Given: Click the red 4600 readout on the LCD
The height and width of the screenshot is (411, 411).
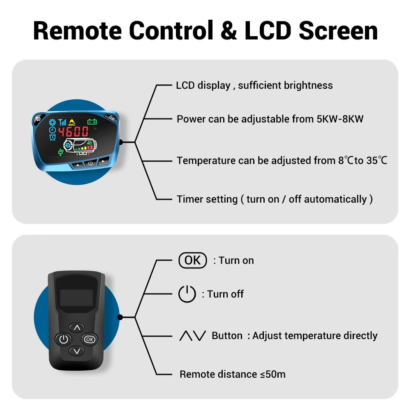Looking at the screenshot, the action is [x=74, y=132].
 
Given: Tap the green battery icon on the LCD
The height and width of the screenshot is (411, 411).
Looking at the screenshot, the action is [x=92, y=122].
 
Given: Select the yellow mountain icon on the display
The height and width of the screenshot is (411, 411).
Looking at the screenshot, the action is [x=72, y=122].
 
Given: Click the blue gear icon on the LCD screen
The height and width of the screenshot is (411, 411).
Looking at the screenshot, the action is [x=53, y=122].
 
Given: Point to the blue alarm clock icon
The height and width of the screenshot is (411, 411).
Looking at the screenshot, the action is [x=53, y=137].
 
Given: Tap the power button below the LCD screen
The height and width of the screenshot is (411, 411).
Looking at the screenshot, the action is [x=90, y=164].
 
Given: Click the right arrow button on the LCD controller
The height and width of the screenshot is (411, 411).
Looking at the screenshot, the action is [x=103, y=162].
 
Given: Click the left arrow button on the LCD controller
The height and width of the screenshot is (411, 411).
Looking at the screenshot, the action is [x=77, y=165].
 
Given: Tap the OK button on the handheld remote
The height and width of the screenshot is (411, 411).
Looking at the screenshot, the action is [x=89, y=339].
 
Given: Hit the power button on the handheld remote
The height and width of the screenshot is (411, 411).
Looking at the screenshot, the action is [x=63, y=339].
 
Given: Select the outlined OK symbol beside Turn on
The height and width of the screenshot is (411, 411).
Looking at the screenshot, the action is [x=193, y=260].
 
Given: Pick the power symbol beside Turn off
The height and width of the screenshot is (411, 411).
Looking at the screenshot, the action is [x=187, y=294].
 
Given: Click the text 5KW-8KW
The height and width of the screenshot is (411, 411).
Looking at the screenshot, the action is [x=340, y=119].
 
